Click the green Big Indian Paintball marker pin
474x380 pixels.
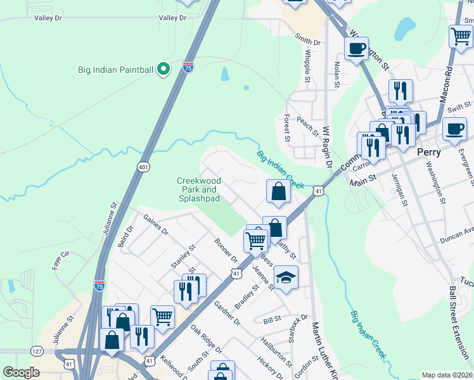point(163,69)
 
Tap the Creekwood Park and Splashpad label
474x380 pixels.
point(197,189)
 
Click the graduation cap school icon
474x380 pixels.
point(286,277)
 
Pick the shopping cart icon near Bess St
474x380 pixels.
point(256,239)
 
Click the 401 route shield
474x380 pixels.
point(143,166)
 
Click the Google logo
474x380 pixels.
point(21,372)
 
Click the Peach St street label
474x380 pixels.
point(307,125)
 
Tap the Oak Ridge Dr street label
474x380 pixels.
point(206,339)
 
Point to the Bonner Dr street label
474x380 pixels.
point(226,251)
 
